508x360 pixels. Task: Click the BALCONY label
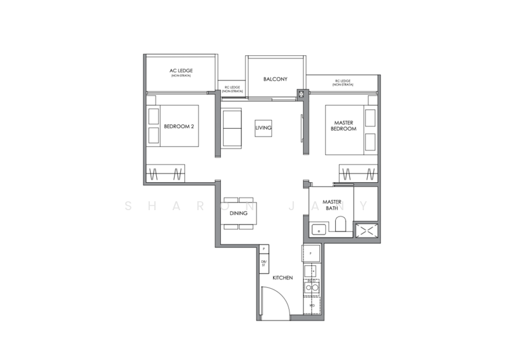point(276,80)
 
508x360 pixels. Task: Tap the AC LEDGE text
point(181,70)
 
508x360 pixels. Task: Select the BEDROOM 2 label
point(178,126)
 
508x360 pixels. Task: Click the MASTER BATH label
point(332,204)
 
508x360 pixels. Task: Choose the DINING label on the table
point(239,213)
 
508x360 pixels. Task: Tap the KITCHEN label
point(281,278)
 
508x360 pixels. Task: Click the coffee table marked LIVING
point(264,128)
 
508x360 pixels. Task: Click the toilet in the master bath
point(340,225)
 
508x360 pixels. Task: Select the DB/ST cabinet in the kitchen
point(264,263)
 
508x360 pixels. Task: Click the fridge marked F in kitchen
point(311,253)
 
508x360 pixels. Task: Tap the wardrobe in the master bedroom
point(360,173)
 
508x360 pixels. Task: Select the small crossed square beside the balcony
point(300,95)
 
